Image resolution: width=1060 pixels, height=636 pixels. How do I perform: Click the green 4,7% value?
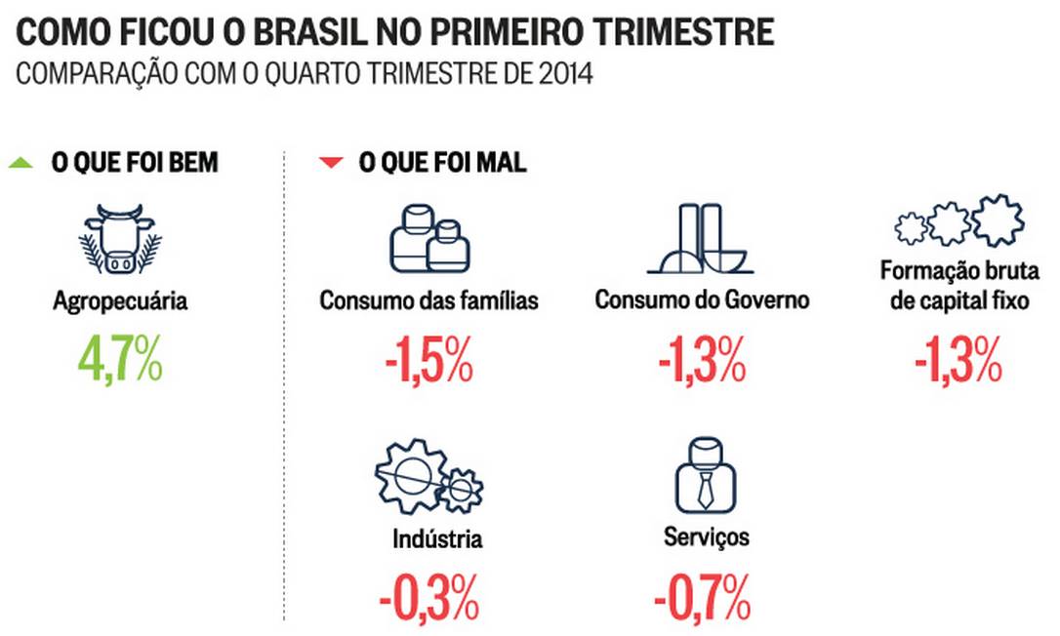pyautogui.click(x=121, y=362)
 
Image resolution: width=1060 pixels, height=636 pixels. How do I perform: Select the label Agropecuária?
pyautogui.click(x=121, y=301)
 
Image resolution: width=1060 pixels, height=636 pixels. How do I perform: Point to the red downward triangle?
pyautogui.click(x=332, y=163)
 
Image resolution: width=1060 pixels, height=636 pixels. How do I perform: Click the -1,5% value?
pyautogui.click(x=428, y=362)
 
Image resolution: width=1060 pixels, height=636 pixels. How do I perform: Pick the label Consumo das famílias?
pyautogui.click(x=428, y=300)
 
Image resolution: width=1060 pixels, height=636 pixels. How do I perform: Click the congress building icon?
pyautogui.click(x=699, y=240)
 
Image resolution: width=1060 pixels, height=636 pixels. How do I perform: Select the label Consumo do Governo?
pyautogui.click(x=702, y=300)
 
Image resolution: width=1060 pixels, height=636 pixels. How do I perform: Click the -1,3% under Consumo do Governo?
pyautogui.click(x=702, y=362)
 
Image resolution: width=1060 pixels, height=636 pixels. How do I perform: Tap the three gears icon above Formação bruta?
pyautogui.click(x=958, y=223)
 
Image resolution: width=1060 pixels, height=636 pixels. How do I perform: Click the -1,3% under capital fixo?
pyautogui.click(x=958, y=362)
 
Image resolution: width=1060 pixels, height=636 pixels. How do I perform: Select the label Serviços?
pyautogui.click(x=707, y=537)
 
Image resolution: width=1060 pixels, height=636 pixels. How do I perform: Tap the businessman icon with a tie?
pyautogui.click(x=705, y=474)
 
